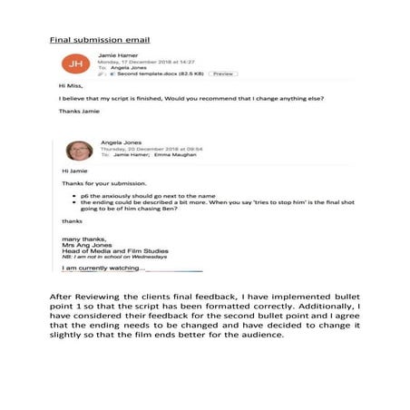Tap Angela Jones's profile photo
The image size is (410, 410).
[x=79, y=150]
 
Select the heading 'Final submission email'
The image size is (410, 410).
[x=99, y=40]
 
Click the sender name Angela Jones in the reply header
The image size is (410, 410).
[x=126, y=142]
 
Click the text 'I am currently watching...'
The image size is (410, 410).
[x=102, y=268]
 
